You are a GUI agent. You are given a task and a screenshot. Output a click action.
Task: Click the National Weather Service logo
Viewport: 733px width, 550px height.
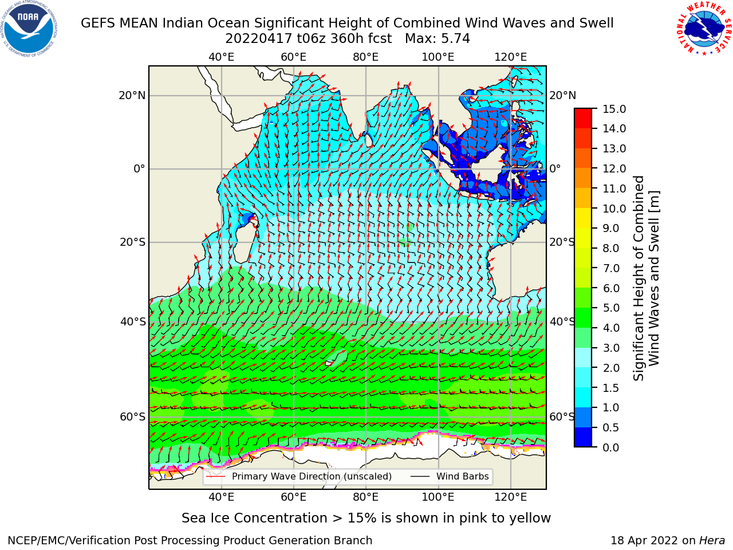(704, 29)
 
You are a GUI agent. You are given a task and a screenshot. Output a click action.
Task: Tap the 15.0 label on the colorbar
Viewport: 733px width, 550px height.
(614, 109)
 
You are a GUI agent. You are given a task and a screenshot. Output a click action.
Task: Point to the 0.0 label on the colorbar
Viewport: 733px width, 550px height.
(611, 447)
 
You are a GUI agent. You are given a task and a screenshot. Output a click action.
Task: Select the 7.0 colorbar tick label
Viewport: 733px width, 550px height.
(611, 268)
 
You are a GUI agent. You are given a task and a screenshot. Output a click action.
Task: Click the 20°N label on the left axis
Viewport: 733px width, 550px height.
(132, 96)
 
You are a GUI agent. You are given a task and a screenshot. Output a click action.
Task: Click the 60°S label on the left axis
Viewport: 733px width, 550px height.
(133, 417)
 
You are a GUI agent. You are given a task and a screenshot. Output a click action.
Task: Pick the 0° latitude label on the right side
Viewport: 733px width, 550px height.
(555, 168)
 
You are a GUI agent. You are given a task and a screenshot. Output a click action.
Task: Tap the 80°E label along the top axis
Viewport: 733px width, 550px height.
(366, 57)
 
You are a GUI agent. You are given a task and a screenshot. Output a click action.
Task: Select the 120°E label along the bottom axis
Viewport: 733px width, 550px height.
(511, 497)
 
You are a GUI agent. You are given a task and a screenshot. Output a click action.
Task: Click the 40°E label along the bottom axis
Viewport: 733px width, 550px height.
(222, 497)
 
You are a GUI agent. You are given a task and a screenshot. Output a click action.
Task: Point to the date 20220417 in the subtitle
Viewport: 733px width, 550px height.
(259, 39)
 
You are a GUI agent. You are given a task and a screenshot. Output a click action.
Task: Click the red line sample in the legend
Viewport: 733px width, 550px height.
(216, 477)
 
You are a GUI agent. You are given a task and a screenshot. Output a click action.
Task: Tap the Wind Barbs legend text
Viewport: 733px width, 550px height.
(463, 476)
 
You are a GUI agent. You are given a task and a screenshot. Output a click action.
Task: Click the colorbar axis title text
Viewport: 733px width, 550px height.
(646, 278)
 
